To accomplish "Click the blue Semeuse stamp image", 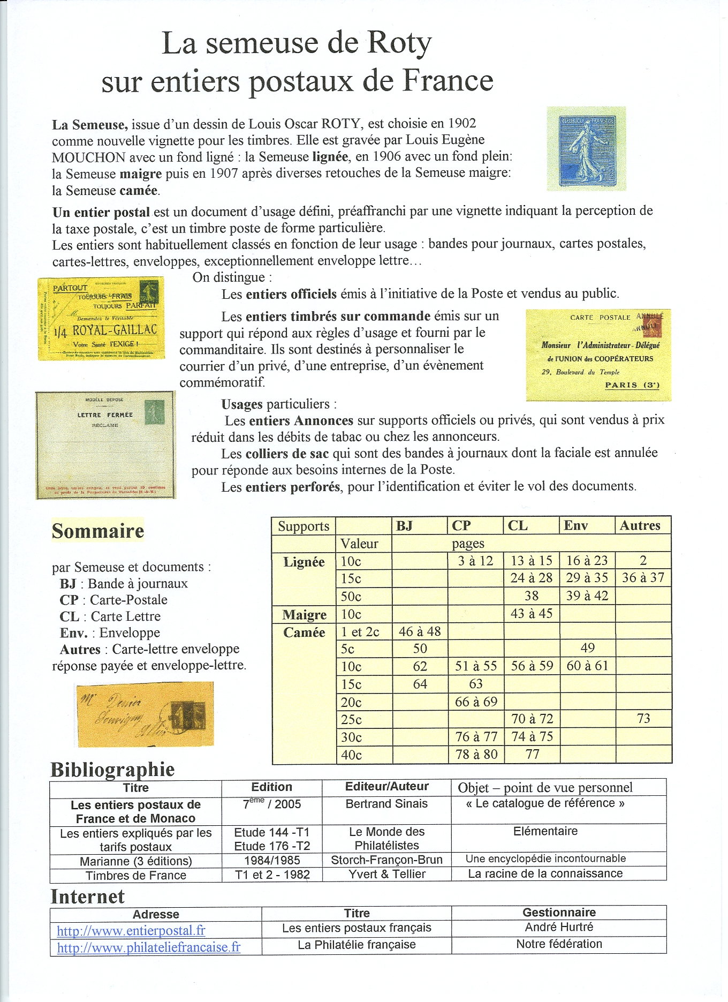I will point(586,149).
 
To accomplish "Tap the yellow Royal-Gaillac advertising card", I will point(101,318).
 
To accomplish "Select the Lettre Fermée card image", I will point(105,445).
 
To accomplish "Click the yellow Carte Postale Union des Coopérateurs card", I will point(598,355).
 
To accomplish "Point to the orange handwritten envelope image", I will point(145,714).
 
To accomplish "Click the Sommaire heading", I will point(98,531).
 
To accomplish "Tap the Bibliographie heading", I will point(112,770).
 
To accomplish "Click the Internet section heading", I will point(88,896).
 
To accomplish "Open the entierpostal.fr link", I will point(131,931).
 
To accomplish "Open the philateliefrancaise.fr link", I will point(149,947).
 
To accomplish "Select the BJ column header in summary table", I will point(405,526).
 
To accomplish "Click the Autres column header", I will point(640,526).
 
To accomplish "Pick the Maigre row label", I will point(304,615).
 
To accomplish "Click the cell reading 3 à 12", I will point(475,561).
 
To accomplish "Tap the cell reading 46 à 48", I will point(420,631).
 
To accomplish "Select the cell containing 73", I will point(643,719).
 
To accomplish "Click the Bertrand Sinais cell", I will point(386,804).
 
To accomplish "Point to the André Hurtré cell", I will point(559,927).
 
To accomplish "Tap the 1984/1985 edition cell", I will point(272,861).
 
